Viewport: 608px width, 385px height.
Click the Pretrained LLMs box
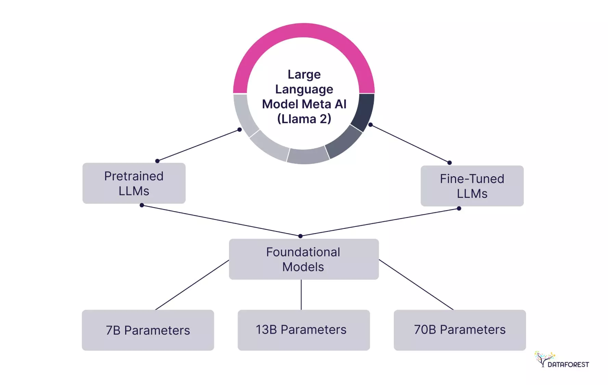coord(134,183)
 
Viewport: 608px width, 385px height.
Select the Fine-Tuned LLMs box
coord(472,186)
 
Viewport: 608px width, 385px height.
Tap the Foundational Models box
coord(303,259)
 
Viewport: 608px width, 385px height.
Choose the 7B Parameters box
coord(148,330)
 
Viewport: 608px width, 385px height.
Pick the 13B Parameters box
coord(303,330)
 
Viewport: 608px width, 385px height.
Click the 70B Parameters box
coord(460,330)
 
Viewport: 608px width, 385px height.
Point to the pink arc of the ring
coord(304,30)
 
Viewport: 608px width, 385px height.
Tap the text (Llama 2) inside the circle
coord(304,119)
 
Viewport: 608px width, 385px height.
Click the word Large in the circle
coord(304,74)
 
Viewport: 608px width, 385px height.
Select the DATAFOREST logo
coord(562,360)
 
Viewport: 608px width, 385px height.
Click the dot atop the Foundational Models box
coord(300,236)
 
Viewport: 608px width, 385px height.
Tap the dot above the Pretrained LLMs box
coord(157,161)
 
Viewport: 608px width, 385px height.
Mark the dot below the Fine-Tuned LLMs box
coord(459,208)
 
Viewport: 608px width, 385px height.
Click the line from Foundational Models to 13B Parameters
coord(301,295)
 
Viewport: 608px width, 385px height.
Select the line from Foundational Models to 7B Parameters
coord(192,285)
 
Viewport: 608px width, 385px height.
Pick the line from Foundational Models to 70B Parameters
coord(416,285)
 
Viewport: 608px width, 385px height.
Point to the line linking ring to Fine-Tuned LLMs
coord(410,144)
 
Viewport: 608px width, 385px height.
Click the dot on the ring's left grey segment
coord(240,130)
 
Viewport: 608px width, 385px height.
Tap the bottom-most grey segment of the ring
coord(308,156)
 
